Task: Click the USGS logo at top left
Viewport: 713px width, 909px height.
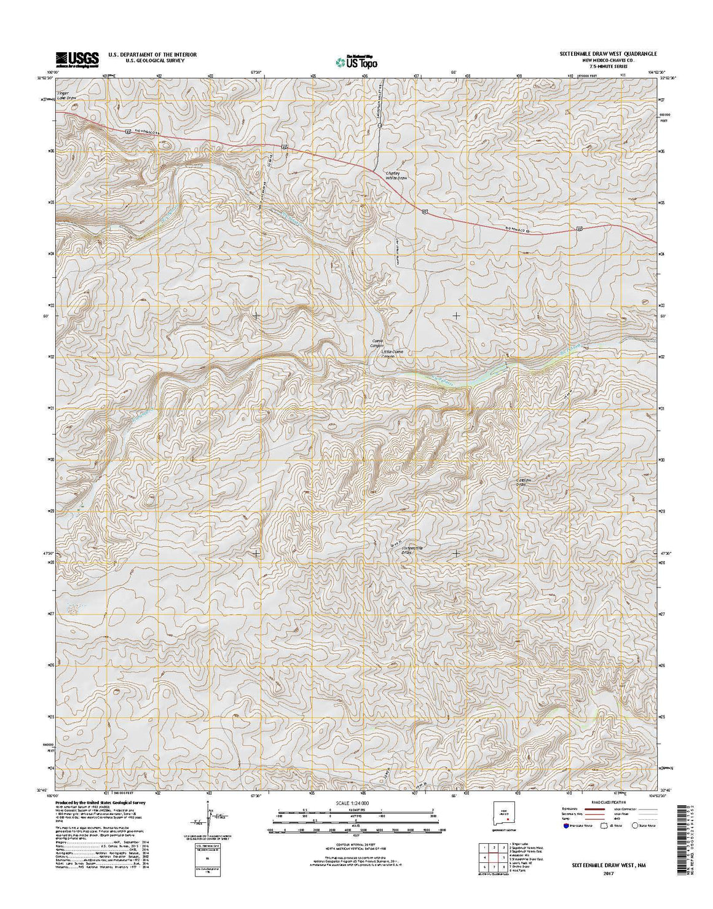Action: point(77,58)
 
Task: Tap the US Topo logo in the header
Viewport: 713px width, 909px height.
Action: point(356,61)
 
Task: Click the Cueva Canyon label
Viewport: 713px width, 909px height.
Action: point(374,344)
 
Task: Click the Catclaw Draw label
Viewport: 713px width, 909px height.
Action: point(522,481)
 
